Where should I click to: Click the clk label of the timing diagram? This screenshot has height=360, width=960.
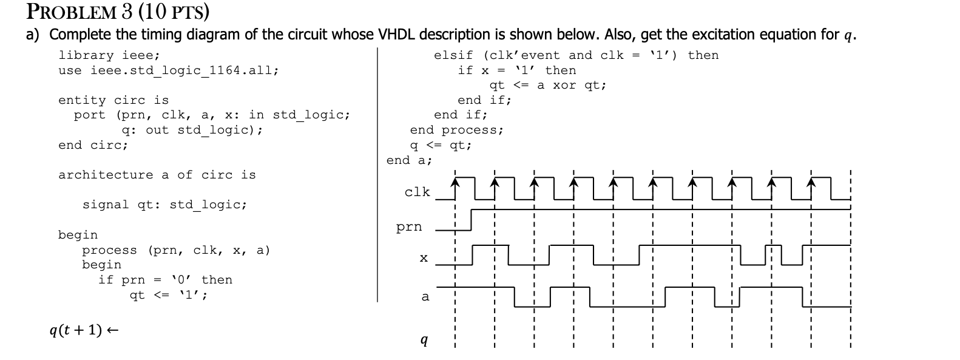click(417, 192)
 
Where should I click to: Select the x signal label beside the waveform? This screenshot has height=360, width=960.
click(424, 258)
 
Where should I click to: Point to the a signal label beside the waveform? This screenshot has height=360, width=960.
click(425, 296)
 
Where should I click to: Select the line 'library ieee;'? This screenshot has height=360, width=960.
click(109, 55)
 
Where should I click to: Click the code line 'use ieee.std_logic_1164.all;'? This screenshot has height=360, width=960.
click(168, 70)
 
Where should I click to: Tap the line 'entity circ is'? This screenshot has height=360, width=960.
click(113, 100)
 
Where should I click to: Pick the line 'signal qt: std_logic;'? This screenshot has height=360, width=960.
click(164, 205)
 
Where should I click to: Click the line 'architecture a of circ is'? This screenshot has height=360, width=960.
click(157, 175)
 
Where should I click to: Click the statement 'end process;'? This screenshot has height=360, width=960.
click(456, 130)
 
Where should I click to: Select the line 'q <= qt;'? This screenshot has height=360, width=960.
click(441, 145)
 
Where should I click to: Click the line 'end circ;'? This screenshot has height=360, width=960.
click(93, 145)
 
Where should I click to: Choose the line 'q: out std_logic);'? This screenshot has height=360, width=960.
click(192, 130)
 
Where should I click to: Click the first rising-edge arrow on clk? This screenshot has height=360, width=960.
click(456, 182)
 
